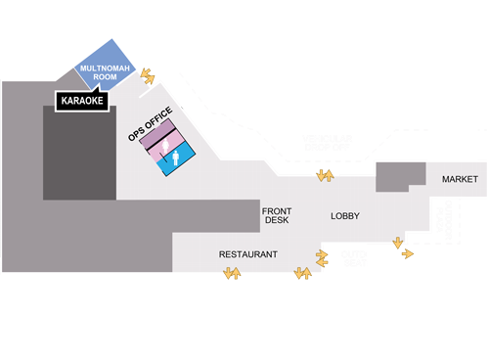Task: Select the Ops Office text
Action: point(151,123)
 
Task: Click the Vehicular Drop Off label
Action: point(327,145)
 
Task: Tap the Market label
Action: point(459,180)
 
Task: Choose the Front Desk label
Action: point(276,215)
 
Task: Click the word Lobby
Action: point(346,215)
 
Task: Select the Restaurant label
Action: point(247,254)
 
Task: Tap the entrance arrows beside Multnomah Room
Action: point(148,74)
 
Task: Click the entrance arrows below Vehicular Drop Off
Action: point(324,176)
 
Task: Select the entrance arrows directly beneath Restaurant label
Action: point(233,274)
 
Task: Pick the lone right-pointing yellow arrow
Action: point(407,253)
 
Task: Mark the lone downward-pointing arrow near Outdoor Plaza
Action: point(397,242)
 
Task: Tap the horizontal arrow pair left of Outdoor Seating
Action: point(322,256)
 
